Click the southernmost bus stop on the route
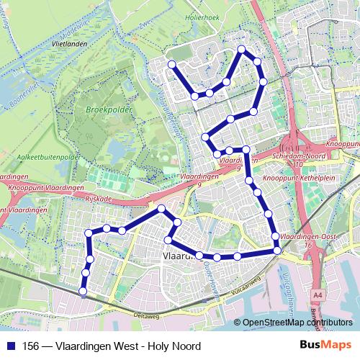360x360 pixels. tap(83, 292)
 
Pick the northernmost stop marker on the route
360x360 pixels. tap(242, 49)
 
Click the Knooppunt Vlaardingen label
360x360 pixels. tap(44, 187)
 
